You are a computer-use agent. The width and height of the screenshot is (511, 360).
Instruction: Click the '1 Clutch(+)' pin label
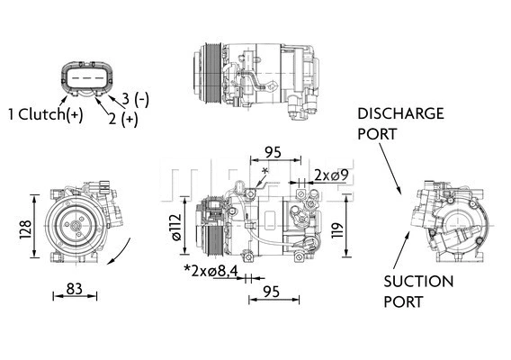(x=44, y=113)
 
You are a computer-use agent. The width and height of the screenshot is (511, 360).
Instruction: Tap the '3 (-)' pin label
(x=135, y=98)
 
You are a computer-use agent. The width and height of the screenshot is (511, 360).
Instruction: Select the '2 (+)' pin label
(x=124, y=117)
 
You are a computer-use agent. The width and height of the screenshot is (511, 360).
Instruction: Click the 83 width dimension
(x=76, y=291)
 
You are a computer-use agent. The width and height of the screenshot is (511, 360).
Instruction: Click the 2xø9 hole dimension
(x=325, y=175)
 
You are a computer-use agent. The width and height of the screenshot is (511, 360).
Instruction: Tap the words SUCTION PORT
(x=417, y=292)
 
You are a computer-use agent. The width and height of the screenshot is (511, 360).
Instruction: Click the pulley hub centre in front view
(x=70, y=226)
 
